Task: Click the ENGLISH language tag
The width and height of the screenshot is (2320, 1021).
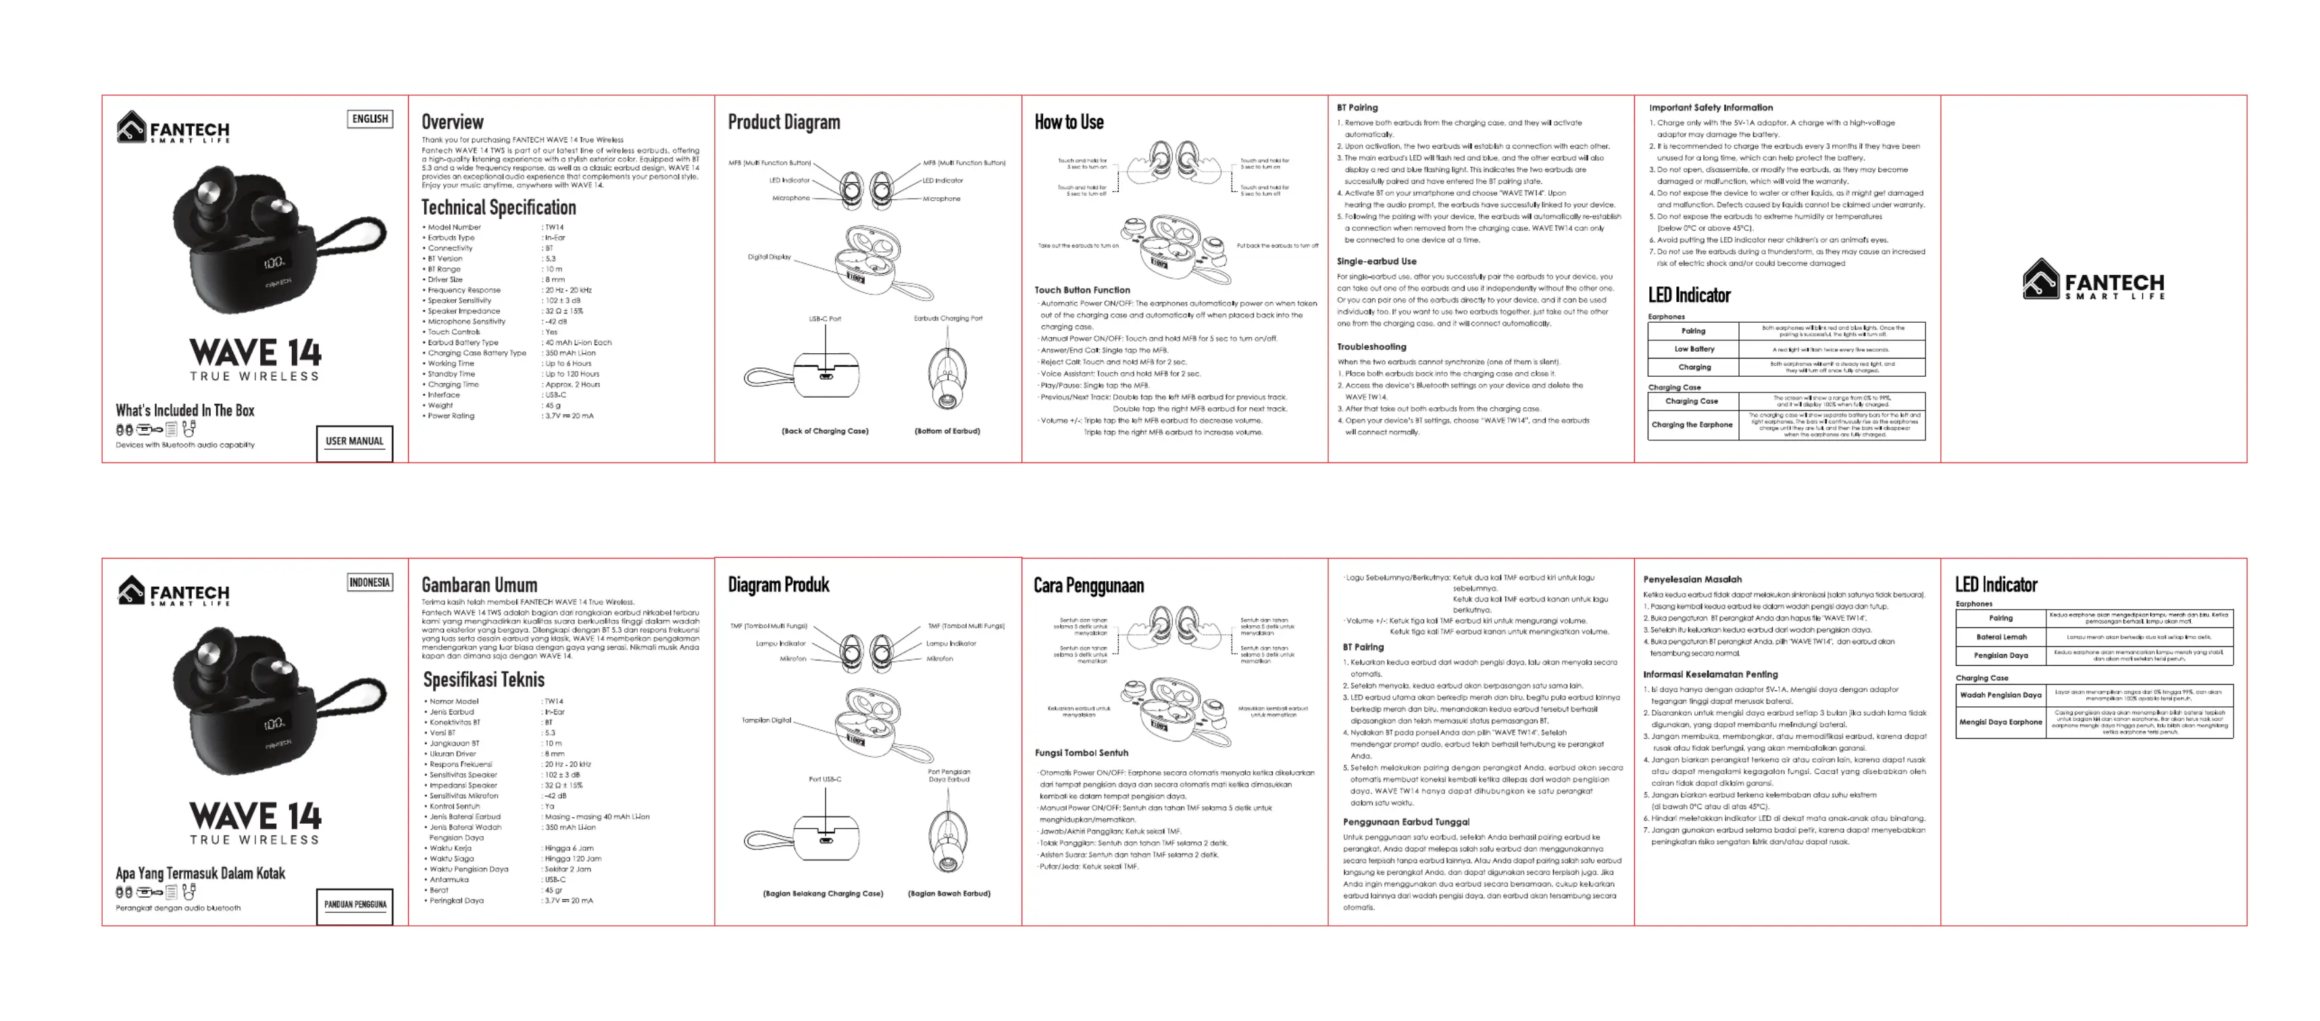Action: coord(370,119)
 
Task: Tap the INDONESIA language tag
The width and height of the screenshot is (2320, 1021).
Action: coord(370,583)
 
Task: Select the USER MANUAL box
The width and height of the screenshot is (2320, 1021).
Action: coord(354,441)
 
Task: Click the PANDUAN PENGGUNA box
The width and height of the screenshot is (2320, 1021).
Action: coord(355,904)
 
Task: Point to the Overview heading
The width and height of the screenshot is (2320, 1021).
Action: coord(452,122)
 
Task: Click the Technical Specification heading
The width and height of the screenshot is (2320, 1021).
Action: coord(498,207)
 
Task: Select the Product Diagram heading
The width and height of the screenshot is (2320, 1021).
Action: coord(784,122)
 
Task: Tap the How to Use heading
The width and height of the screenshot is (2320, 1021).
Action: coord(1068,122)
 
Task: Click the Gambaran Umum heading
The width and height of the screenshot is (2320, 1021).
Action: coord(479,585)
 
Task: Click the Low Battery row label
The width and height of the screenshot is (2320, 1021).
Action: coord(1694,349)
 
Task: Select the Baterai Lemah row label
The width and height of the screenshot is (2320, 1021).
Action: coord(2000,637)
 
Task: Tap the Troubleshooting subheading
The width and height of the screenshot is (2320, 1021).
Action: coord(1371,346)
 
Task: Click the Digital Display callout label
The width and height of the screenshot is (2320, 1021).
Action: coord(769,257)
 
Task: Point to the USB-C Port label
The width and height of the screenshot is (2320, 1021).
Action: coord(824,319)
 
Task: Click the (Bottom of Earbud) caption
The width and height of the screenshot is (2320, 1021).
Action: coord(947,431)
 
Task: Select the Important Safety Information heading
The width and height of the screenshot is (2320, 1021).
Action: coord(1711,107)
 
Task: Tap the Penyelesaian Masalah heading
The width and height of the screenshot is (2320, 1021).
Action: coord(1692,579)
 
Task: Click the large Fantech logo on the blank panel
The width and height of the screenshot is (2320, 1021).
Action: coord(2093,279)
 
